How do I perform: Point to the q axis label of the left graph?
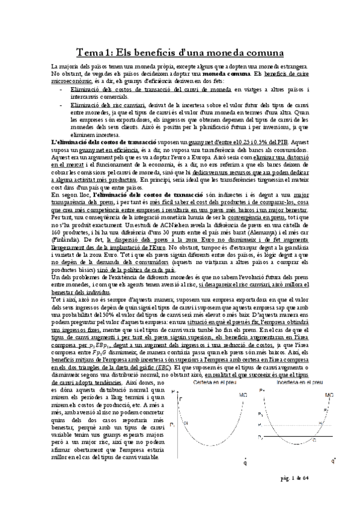(246, 462)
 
